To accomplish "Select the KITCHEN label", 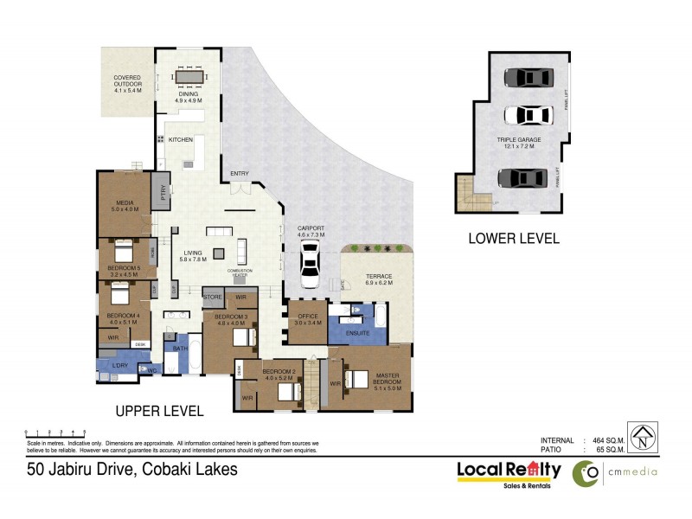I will click(x=180, y=139).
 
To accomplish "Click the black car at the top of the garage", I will click(x=527, y=77).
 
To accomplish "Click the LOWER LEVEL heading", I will click(x=513, y=239).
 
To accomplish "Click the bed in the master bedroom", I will click(x=356, y=379).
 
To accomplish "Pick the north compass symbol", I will click(x=641, y=436).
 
